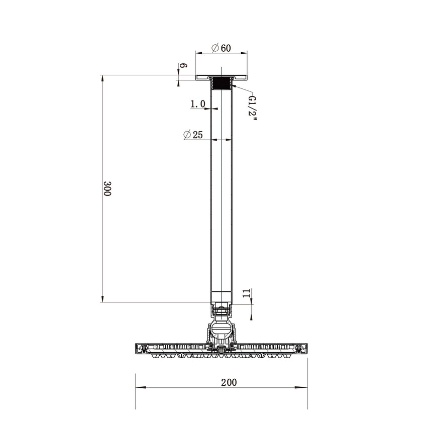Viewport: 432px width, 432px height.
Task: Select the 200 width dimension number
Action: click(x=229, y=382)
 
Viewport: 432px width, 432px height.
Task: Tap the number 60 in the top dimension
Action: click(x=225, y=48)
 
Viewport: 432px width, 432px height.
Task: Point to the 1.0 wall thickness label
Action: click(x=198, y=104)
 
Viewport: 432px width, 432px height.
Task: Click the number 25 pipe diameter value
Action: click(x=197, y=135)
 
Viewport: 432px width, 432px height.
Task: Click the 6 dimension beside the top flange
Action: click(x=183, y=66)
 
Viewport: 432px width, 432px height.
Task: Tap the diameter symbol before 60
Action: click(x=215, y=48)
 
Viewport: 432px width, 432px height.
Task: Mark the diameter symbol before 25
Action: click(x=186, y=135)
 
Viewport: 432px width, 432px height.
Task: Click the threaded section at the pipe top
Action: click(x=221, y=82)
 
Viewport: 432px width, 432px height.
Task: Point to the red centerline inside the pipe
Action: click(x=221, y=201)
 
